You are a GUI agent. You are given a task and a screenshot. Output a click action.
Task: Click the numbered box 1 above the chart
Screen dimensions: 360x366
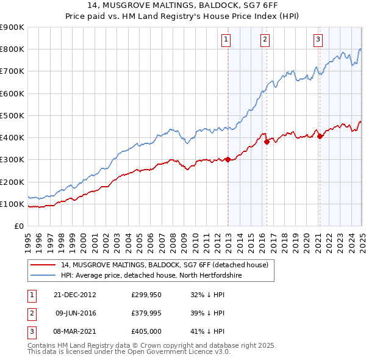click(226, 40)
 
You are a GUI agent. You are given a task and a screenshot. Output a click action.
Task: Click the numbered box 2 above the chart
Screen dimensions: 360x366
click(265, 40)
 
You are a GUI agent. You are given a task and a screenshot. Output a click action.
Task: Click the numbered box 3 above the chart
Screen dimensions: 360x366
click(318, 40)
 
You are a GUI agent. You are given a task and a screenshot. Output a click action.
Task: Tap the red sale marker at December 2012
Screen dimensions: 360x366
click(228, 160)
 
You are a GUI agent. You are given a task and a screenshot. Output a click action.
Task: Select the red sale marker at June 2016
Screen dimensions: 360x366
click(267, 142)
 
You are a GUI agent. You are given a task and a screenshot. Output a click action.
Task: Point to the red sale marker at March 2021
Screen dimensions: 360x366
click(320, 136)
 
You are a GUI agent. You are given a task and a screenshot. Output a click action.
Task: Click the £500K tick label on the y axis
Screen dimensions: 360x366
click(12, 115)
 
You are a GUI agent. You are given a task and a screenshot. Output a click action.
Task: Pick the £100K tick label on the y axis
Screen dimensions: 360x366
click(12, 204)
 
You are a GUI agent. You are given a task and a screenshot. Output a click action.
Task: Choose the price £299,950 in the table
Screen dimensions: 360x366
click(145, 295)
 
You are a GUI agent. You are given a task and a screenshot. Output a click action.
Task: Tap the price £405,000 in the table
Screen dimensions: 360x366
click(145, 331)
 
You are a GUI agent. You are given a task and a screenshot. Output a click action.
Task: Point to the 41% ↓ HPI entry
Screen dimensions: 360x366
click(208, 331)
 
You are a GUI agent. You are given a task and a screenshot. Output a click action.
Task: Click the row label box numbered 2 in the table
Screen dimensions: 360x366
click(30, 313)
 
